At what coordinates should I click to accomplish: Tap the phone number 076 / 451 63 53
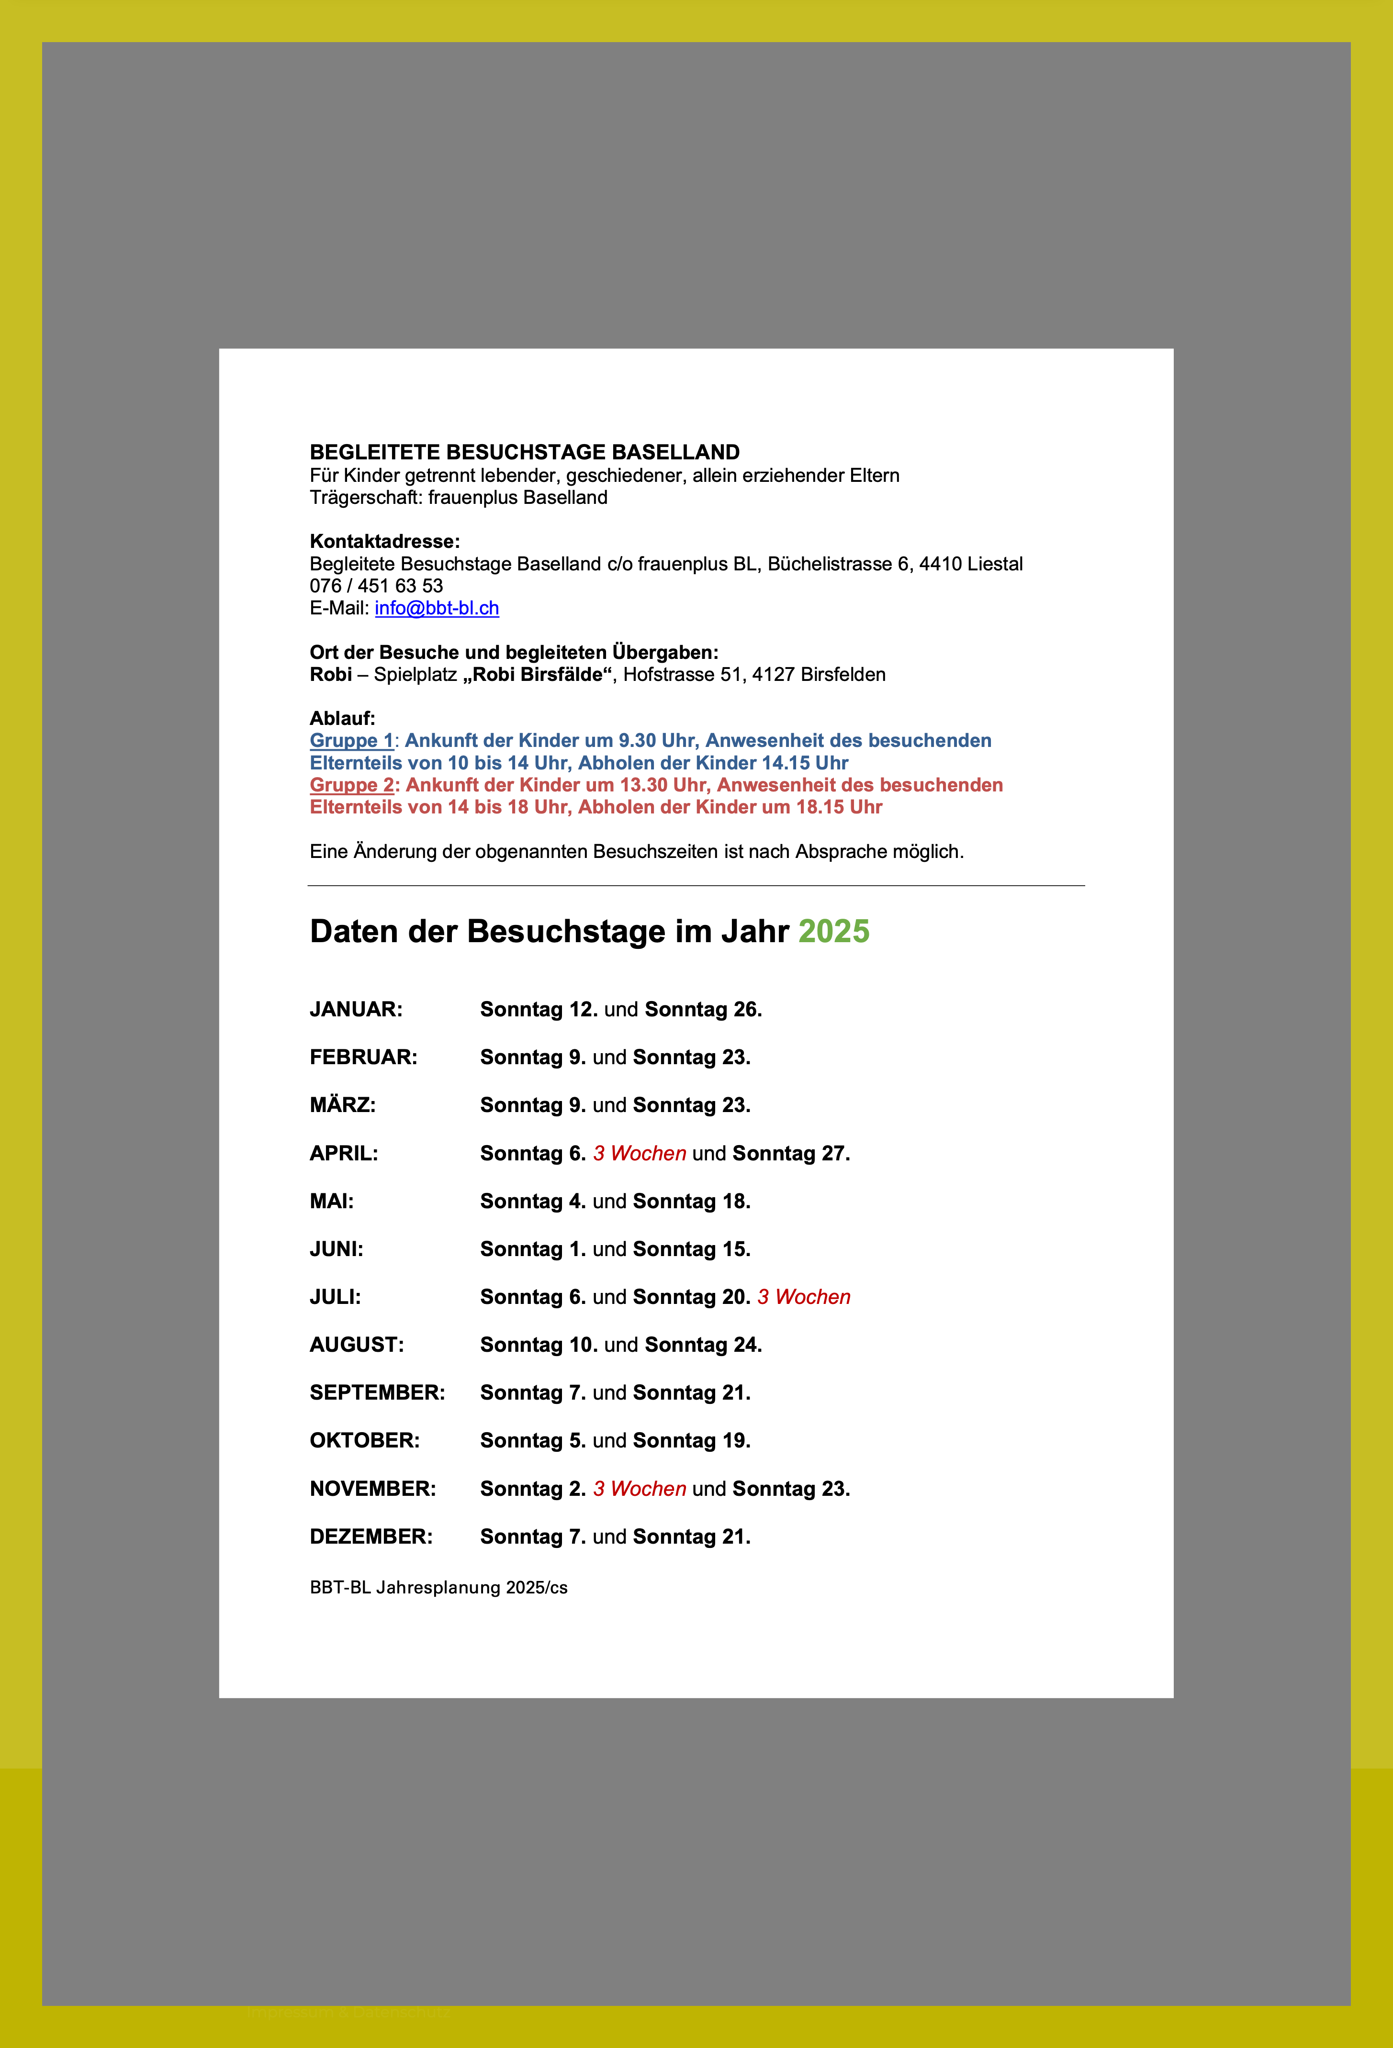[376, 586]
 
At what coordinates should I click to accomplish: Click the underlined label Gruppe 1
[351, 741]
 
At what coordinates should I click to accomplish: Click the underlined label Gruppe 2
[351, 785]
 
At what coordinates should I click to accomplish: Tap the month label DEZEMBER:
[371, 1537]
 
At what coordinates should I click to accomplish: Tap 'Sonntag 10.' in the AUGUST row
[539, 1346]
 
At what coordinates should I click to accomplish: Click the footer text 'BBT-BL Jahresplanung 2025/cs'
[438, 1588]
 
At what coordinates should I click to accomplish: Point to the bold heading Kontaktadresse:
[384, 542]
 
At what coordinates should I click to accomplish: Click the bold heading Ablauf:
[342, 718]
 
